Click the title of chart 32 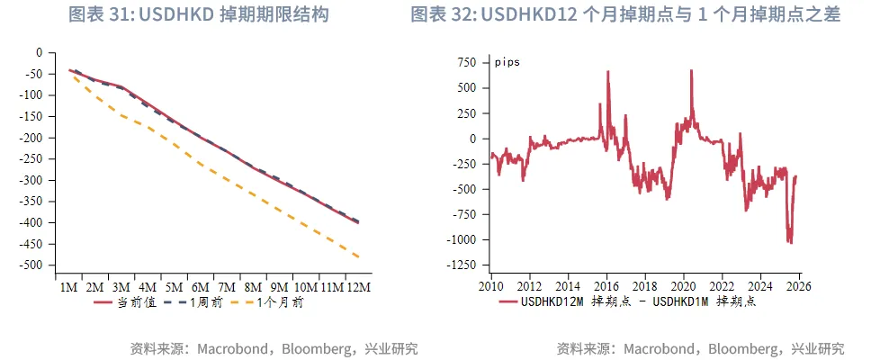click(625, 15)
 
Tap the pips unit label click(507, 62)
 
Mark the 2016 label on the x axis click(606, 285)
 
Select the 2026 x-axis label click(799, 285)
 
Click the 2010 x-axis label click(491, 285)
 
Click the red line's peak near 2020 click(691, 70)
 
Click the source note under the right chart click(701, 348)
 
